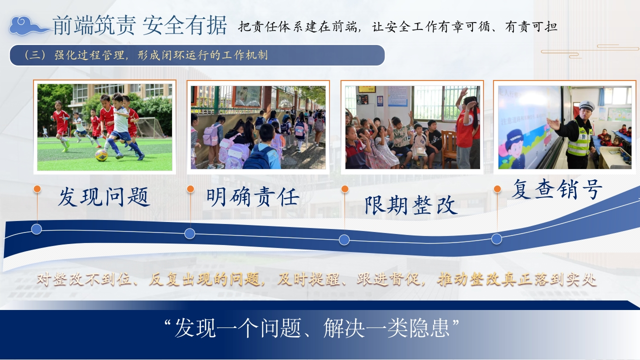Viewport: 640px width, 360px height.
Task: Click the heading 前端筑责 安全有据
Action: click(x=139, y=25)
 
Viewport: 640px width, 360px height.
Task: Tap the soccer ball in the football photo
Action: click(x=101, y=155)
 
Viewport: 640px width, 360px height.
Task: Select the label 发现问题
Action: click(x=103, y=197)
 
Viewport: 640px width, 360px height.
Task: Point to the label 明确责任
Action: click(x=252, y=197)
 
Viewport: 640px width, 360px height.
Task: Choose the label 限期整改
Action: click(x=411, y=205)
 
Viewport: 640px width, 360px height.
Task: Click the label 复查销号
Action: click(x=557, y=189)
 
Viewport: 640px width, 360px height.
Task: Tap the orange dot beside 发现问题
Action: click(x=37, y=189)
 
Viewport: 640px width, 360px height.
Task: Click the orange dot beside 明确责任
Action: click(x=190, y=189)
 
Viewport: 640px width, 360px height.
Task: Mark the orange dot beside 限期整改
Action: click(x=345, y=189)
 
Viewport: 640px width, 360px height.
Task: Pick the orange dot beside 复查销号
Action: click(x=497, y=189)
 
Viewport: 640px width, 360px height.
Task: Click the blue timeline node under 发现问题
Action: click(x=36, y=229)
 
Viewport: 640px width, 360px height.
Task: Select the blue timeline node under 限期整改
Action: click(x=344, y=239)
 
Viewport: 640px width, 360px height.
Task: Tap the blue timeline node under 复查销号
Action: click(x=497, y=239)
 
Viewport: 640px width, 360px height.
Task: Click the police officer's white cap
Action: click(x=586, y=105)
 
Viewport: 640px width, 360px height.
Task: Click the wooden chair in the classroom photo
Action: click(x=449, y=148)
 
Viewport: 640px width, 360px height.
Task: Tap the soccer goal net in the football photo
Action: click(x=149, y=127)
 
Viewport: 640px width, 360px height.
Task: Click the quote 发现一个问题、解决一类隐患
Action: click(x=312, y=328)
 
